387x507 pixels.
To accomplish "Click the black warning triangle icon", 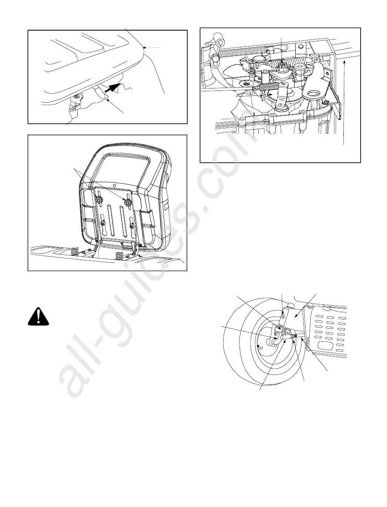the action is point(38,317).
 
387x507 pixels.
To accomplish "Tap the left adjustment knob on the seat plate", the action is point(99,199).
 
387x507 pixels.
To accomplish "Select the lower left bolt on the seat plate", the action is point(103,223).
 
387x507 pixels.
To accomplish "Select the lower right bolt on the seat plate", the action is point(132,226).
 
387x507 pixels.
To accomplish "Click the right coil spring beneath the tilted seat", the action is point(119,256).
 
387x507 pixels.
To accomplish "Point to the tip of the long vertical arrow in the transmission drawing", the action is point(344,60).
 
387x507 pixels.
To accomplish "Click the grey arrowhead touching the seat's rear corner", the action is point(145,48).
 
